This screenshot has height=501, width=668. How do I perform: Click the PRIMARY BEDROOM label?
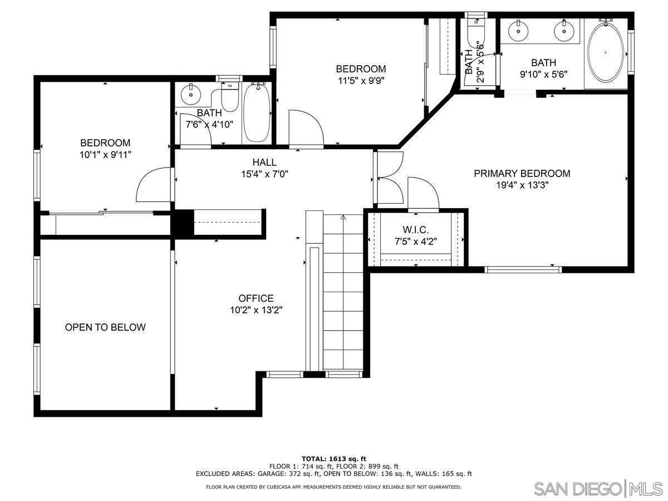[522, 174]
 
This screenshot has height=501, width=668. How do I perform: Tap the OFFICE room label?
[256, 298]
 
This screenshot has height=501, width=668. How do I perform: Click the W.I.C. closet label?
[415, 230]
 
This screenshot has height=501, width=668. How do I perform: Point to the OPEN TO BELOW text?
[105, 327]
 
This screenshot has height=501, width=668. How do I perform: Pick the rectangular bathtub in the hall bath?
[257, 113]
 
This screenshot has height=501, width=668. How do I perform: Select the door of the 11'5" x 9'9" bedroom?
[305, 127]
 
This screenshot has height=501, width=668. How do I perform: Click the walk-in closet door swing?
[423, 194]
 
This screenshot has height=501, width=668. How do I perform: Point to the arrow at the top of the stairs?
[343, 217]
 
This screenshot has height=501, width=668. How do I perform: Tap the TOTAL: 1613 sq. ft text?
[333, 459]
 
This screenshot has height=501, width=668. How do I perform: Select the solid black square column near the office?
[181, 223]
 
